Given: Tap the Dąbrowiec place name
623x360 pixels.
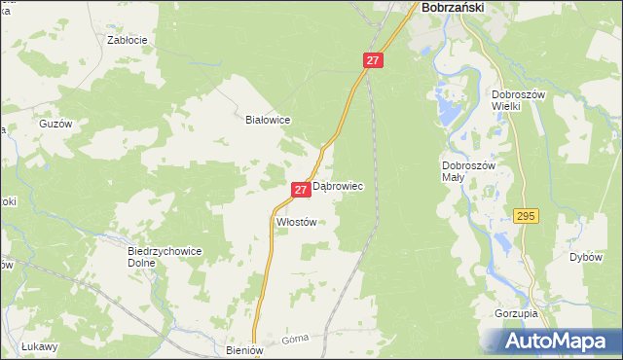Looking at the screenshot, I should tap(338, 185).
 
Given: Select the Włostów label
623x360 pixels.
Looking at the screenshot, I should tap(297, 222).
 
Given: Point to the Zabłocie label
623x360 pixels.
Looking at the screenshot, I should tap(127, 41).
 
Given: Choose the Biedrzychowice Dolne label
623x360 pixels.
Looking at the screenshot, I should tap(165, 256).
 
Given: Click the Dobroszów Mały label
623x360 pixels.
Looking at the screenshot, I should tap(469, 171).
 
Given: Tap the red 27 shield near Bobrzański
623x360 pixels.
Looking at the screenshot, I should tap(373, 60).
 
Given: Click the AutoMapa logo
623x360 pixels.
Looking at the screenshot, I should tap(557, 342).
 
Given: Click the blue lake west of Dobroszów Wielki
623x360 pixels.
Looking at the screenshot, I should tap(448, 108).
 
